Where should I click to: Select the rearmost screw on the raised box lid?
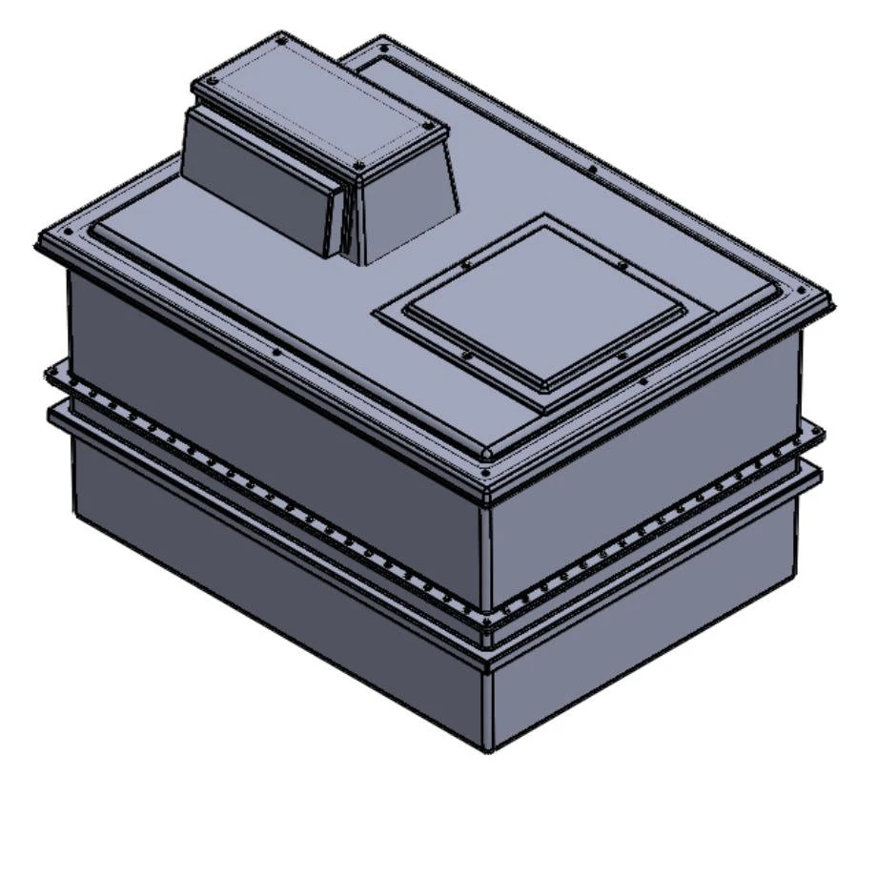click(x=282, y=39)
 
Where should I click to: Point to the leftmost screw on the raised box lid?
click(x=212, y=81)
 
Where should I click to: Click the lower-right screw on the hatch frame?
click(x=622, y=356)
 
